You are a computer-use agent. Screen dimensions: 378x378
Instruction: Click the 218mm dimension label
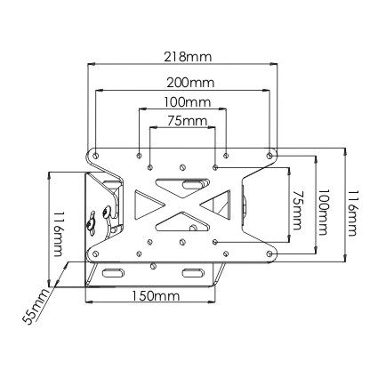(x=188, y=57)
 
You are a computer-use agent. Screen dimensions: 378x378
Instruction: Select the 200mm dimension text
(x=190, y=83)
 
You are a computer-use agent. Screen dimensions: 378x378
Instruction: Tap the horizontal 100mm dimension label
(x=188, y=102)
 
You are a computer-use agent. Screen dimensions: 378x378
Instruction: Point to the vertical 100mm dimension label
(x=323, y=212)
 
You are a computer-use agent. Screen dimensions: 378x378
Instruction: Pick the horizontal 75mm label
(x=187, y=121)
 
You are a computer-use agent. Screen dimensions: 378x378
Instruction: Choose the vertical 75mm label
(x=297, y=210)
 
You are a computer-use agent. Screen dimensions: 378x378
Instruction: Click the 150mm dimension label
(x=156, y=295)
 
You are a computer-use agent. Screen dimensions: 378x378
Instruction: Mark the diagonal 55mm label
(x=36, y=306)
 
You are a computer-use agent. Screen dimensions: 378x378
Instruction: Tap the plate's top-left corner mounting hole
(x=95, y=156)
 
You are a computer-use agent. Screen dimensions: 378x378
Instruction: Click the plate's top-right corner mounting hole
(x=269, y=155)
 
